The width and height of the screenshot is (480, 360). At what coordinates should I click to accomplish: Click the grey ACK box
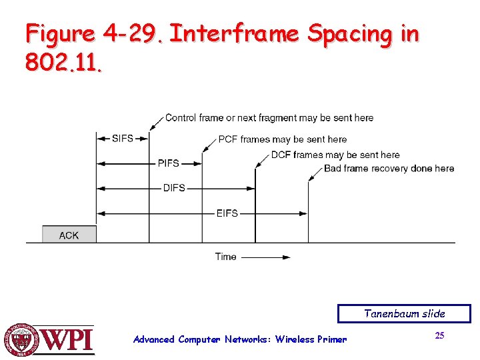tap(69, 234)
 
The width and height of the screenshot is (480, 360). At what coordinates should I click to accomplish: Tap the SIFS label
tap(123, 139)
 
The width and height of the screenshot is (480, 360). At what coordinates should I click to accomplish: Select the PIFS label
tap(169, 163)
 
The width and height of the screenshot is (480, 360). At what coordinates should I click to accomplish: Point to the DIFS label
tap(174, 188)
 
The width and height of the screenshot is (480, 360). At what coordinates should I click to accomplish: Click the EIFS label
tap(227, 213)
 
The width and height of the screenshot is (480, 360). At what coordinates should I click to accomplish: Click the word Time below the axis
tap(225, 257)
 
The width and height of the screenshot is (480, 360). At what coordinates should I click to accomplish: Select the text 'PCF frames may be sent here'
tap(283, 139)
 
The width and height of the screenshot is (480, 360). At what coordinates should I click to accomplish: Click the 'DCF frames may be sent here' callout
tap(335, 155)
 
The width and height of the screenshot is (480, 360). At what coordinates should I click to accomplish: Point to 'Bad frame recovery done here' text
tap(389, 168)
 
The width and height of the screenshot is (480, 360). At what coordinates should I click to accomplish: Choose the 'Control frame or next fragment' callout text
tap(269, 118)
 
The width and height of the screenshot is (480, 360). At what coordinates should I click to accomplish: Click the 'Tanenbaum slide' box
tap(404, 313)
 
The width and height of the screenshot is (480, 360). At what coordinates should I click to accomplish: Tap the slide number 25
tap(439, 335)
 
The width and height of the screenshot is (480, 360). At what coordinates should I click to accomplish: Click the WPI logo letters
tap(68, 341)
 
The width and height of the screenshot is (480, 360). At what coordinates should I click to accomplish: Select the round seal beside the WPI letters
tap(22, 339)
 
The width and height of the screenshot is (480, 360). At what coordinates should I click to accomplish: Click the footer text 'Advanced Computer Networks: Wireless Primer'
tap(240, 339)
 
